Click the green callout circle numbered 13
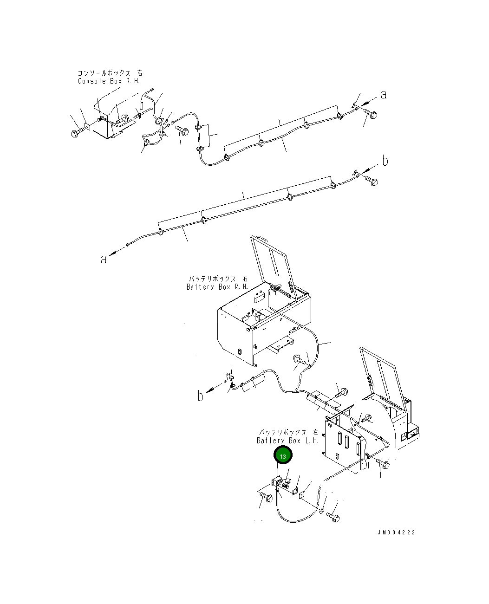[x=283, y=456]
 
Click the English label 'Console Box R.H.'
[x=110, y=81]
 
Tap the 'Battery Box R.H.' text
[x=217, y=287]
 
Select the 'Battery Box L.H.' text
[x=287, y=440]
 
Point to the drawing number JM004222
[x=396, y=532]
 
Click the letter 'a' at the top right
[x=384, y=95]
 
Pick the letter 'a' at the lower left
[x=104, y=259]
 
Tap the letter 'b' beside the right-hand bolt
[x=385, y=161]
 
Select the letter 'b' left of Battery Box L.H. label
[x=201, y=396]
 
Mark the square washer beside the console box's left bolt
[x=87, y=125]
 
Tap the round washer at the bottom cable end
[x=321, y=511]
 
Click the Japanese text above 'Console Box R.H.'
[x=110, y=73]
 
